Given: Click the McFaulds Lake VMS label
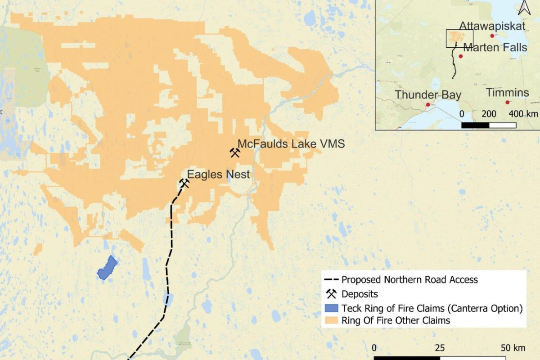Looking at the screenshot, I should [291, 144].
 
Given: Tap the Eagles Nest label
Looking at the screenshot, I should [218, 174].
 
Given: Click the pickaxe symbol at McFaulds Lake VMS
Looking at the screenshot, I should [234, 153].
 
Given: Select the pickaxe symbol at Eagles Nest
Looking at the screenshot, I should [184, 183].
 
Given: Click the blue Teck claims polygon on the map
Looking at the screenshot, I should [107, 268].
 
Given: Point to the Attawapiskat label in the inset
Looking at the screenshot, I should [492, 26].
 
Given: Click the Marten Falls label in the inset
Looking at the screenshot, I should [495, 47].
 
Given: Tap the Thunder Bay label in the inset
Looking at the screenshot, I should [428, 95].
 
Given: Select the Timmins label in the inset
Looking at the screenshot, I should [507, 93].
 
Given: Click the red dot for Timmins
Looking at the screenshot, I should [508, 103].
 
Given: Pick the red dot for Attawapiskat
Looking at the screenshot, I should [492, 36].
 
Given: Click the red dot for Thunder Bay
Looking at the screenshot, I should [428, 104].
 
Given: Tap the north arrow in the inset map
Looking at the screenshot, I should [523, 7].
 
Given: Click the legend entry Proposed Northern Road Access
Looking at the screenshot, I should [409, 280].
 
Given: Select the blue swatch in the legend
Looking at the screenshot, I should [331, 309].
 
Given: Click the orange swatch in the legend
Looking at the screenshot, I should [331, 321].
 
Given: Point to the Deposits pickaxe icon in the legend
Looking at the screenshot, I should [332, 294].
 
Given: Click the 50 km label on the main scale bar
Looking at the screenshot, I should [513, 348].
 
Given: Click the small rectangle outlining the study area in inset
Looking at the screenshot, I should [459, 38].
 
